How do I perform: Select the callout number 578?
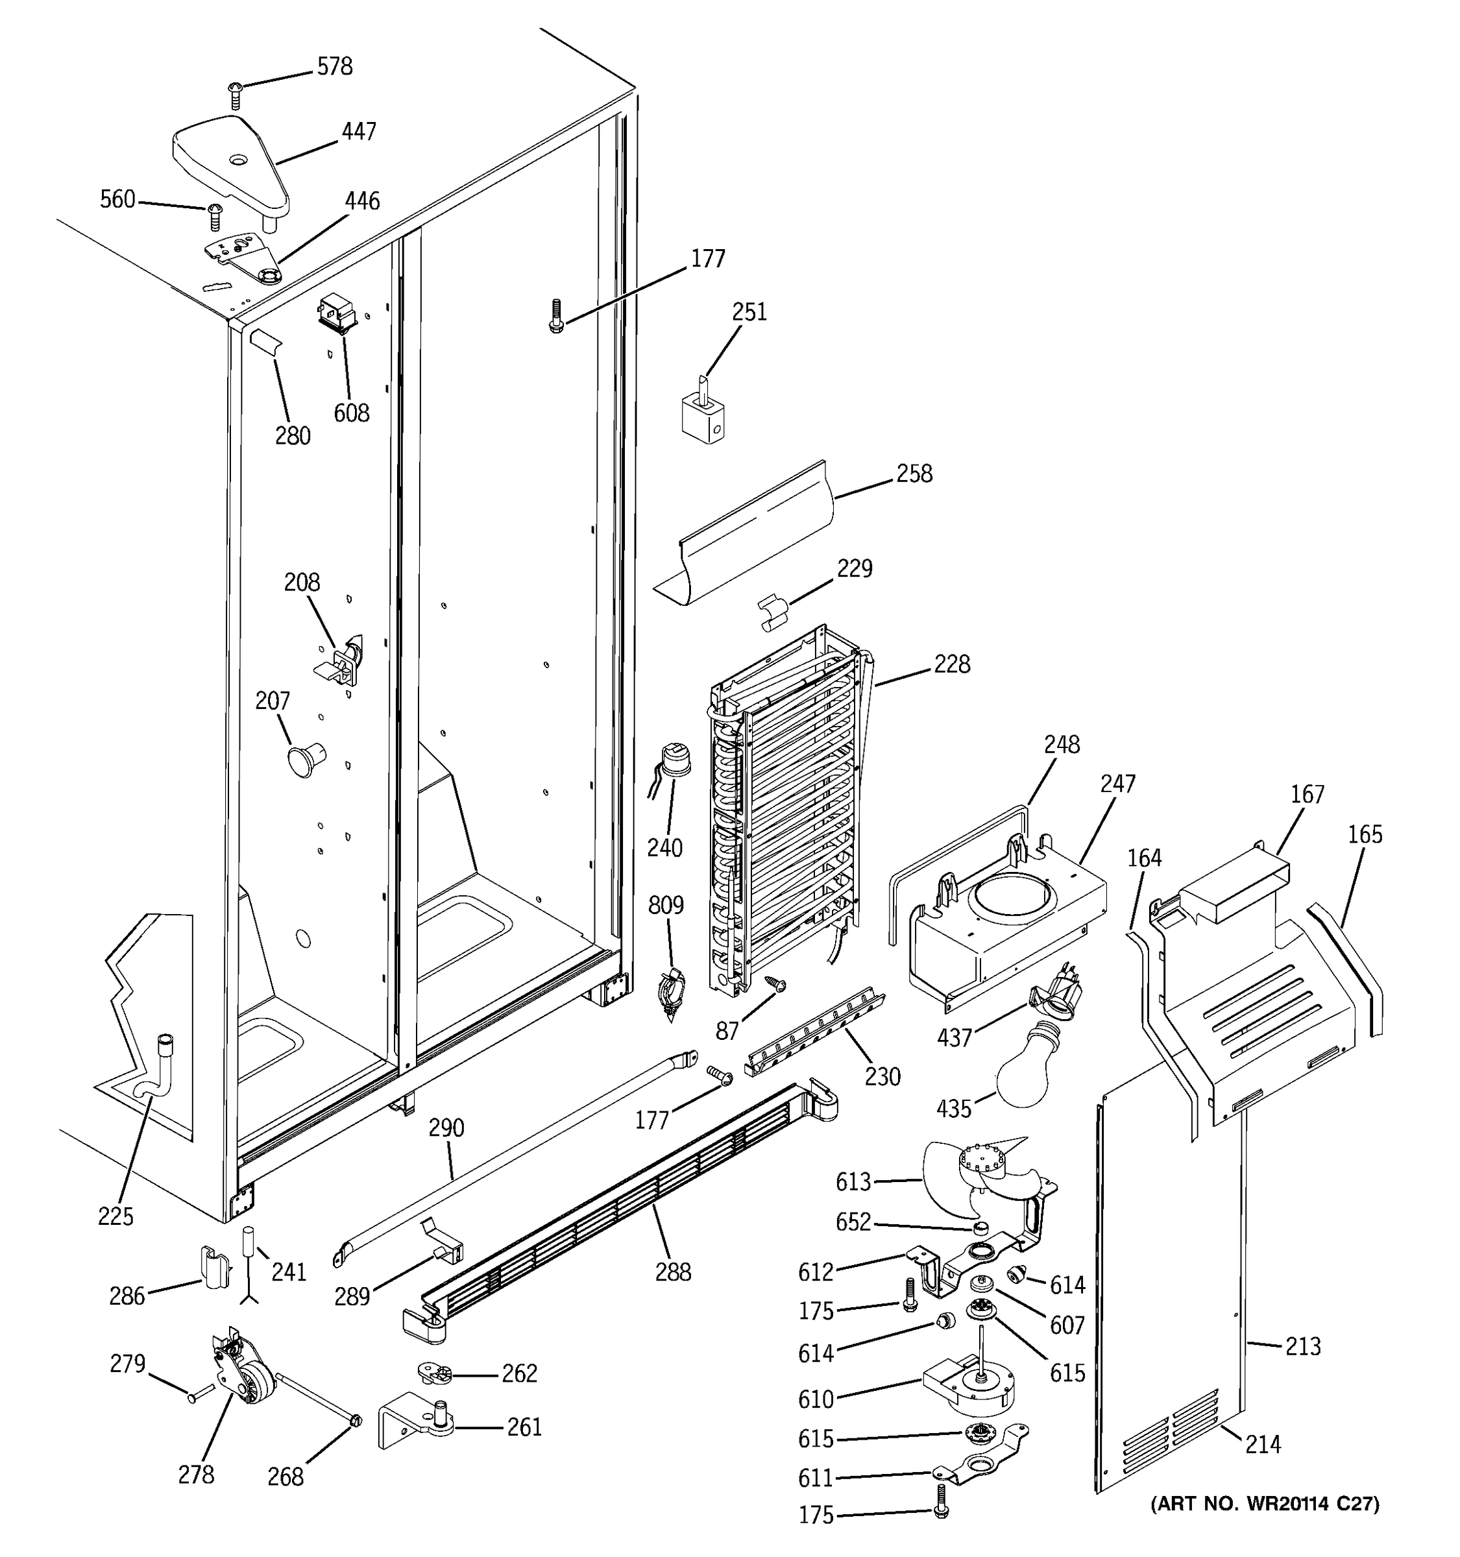334,67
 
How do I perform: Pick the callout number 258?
914,474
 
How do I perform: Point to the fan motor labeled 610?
967,1387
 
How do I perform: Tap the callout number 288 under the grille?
673,1272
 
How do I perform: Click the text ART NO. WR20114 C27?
1265,1504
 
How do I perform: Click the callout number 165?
1365,835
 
